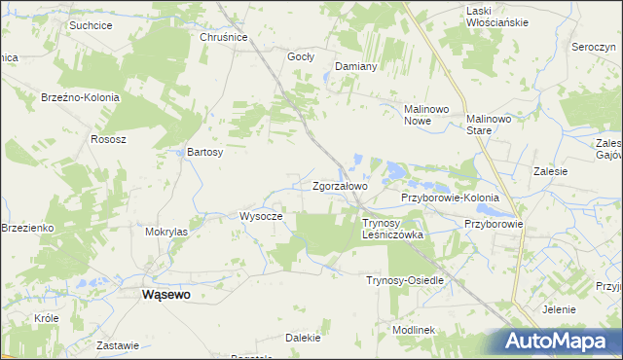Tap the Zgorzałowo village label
coord(340,185)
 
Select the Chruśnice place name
coord(224,37)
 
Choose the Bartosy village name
coord(205,153)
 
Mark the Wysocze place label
coord(260,216)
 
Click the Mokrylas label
coord(165,233)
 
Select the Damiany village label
coord(355,66)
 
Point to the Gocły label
coord(300,56)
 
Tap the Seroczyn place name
coord(593,48)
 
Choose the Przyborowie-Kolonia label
coord(450,198)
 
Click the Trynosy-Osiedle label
coord(404,280)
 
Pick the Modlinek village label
coord(413,330)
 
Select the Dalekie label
coord(303,338)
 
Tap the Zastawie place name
coord(118,345)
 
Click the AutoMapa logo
coord(563,341)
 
